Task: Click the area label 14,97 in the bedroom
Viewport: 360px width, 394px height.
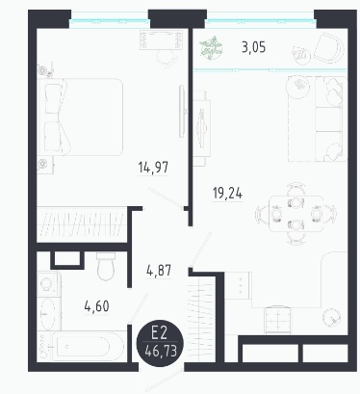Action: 153,168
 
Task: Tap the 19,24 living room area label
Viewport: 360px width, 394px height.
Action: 227,194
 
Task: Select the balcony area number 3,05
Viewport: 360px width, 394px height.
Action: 253,47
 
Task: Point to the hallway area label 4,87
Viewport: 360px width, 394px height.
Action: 159,271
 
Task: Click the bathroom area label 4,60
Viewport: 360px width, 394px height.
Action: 96,306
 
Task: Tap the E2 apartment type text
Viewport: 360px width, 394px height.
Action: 160,332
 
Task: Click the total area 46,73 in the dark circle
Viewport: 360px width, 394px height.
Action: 161,351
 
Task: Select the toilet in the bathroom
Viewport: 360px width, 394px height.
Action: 106,267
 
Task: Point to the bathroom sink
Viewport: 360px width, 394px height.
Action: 48,314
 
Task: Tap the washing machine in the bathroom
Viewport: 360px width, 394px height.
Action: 48,283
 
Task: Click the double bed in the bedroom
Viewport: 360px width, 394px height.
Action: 80,117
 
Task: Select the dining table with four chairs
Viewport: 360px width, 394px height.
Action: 296,214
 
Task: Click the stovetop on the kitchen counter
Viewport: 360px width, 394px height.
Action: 278,320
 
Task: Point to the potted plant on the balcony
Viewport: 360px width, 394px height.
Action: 211,48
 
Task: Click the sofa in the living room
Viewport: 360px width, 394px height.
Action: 330,118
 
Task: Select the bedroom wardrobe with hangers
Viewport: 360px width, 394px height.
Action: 81,224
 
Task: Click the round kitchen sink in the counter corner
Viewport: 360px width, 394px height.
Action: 330,317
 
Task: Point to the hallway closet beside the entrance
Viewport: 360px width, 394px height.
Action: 201,319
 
